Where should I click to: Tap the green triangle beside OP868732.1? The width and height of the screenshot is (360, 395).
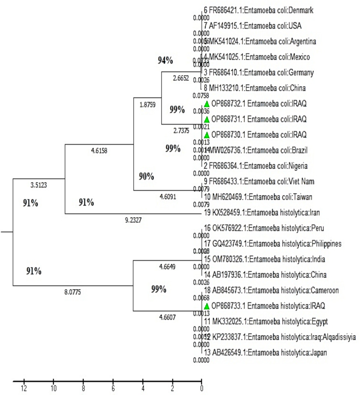pos(207,104)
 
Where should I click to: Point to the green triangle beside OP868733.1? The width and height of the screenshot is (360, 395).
pos(207,306)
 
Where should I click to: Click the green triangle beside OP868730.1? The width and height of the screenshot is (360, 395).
pos(207,135)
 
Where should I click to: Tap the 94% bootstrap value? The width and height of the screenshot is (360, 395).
pos(166,60)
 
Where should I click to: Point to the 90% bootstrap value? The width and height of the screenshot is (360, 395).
pos(146,176)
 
